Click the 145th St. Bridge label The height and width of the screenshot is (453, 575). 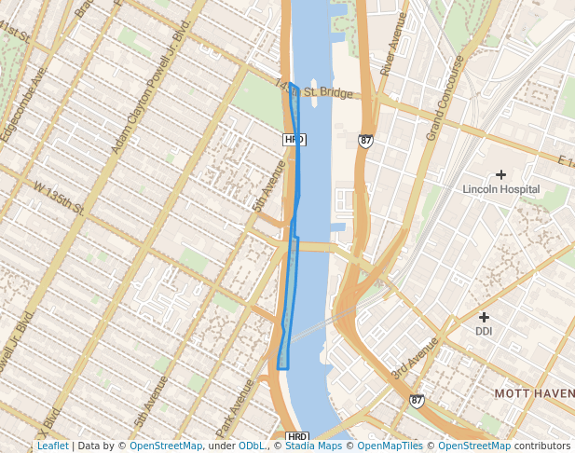(315, 89)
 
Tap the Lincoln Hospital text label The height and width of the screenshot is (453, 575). (501, 189)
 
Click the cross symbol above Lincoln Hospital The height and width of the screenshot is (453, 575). (501, 174)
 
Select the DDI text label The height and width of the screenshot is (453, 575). (484, 331)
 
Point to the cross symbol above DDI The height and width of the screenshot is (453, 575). (484, 317)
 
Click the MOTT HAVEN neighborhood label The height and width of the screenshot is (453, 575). (534, 394)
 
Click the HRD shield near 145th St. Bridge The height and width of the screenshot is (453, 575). (294, 140)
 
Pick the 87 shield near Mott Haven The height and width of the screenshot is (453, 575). (417, 401)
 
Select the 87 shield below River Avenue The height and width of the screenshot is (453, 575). (365, 141)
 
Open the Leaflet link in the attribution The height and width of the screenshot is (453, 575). (52, 446)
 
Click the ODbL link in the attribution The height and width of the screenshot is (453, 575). (252, 446)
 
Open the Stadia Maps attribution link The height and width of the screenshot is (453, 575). (314, 446)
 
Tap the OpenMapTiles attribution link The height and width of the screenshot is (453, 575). (393, 446)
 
